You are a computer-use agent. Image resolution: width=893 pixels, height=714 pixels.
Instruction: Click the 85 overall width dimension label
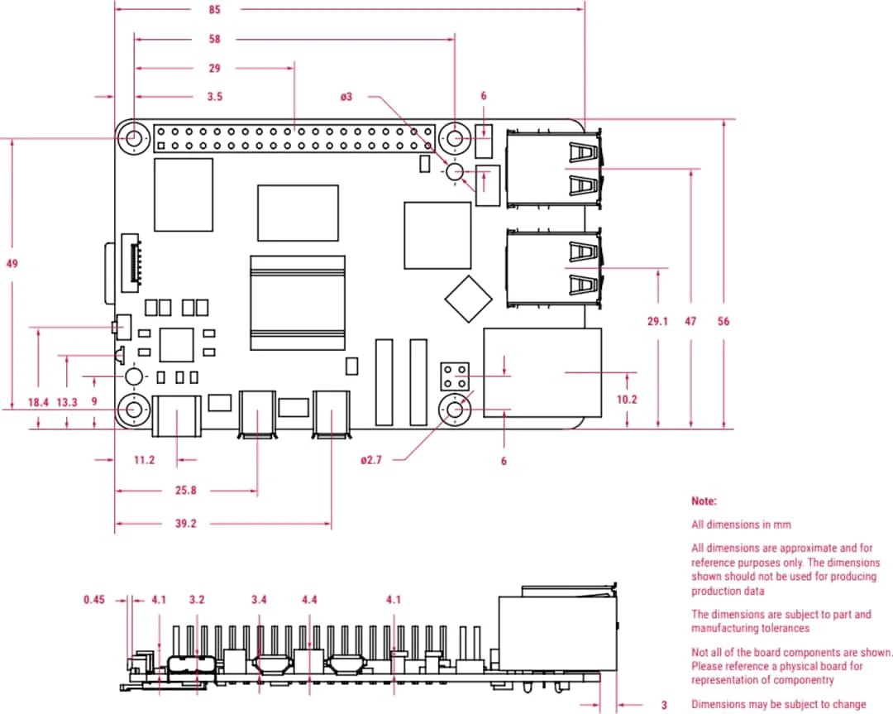pos(214,10)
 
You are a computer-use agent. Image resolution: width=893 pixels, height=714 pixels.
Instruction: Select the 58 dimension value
pos(214,39)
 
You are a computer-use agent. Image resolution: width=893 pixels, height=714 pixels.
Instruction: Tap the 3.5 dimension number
pos(214,97)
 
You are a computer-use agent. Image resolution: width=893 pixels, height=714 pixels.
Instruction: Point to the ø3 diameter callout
pos(346,97)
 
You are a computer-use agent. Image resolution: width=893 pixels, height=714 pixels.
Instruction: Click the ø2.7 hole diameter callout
pos(371,460)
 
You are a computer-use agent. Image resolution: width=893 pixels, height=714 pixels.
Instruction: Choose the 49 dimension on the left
pos(12,264)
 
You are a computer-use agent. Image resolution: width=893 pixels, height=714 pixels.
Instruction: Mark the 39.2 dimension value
pos(186,524)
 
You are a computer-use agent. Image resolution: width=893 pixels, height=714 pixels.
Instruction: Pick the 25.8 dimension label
pos(186,491)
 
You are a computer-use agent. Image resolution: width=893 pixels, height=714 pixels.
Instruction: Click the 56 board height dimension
pos(723,322)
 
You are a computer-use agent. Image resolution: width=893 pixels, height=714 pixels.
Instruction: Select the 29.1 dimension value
pos(657,322)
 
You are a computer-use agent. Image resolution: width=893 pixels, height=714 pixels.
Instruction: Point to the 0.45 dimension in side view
pos(95,599)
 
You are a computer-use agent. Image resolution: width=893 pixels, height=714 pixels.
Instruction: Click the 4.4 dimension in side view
pos(310,599)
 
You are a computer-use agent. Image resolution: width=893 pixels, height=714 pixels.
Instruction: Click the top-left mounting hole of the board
pos(133,138)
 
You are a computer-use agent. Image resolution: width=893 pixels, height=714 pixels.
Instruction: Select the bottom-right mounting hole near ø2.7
pos(454,409)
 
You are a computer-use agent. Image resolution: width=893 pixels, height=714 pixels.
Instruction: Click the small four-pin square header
pos(454,376)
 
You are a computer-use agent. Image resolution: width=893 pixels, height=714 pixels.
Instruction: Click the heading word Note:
pos(704,501)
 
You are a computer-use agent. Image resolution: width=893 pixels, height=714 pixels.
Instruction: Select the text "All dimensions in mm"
pos(741,525)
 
